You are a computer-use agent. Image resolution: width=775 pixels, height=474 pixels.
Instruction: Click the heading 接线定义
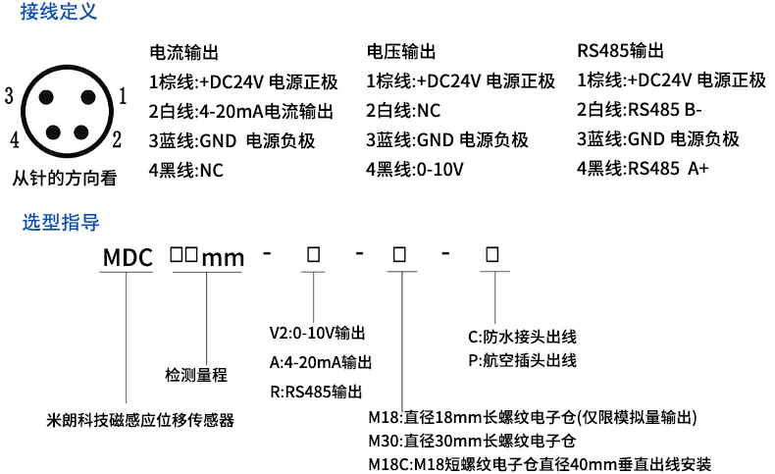pos(58,12)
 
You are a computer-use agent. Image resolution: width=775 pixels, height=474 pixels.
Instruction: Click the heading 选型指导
pos(61,223)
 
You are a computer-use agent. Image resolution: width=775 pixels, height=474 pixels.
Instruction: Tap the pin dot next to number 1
pos(88,97)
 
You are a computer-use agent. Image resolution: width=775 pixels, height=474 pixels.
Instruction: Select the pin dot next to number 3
pos(46,97)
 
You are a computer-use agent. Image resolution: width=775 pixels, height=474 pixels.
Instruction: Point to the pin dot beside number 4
pos(53,132)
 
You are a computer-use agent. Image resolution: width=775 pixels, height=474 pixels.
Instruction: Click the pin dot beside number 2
pos(81,132)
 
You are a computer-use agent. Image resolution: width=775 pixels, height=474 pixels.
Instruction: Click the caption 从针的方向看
pos(64,178)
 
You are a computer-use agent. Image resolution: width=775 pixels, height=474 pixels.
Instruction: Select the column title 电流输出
pos(183,52)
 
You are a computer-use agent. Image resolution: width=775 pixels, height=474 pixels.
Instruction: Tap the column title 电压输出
pos(401,51)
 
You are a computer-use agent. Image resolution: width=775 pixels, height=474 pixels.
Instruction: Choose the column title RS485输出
pos(620,50)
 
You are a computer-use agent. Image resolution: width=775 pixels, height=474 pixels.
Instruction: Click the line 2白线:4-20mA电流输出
pos(241,112)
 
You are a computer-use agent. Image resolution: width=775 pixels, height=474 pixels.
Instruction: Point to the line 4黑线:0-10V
pos(415,170)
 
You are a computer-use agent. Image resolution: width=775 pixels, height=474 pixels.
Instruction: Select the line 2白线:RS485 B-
pos(640,110)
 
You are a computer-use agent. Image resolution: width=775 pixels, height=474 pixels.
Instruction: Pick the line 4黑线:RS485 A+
pos(643,169)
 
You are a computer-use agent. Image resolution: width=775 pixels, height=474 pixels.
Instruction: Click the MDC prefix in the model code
pos(128,257)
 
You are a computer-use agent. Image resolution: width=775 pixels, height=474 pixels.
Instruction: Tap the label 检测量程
pos(196,375)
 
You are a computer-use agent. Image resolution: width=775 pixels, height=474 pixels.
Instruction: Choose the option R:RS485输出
pos(316,392)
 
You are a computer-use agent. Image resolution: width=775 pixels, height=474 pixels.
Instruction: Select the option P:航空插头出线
pos(523,360)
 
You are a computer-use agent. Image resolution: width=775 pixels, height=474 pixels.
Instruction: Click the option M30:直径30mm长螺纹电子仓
pos(472,441)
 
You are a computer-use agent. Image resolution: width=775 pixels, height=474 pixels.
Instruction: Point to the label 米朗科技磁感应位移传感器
pos(140,420)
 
